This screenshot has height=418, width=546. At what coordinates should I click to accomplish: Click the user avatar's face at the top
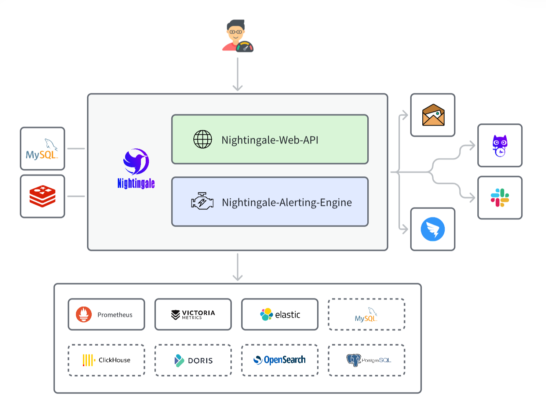click(x=235, y=32)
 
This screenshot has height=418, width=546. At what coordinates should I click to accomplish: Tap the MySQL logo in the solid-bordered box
click(x=42, y=149)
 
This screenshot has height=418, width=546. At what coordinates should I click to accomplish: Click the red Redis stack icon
click(x=43, y=196)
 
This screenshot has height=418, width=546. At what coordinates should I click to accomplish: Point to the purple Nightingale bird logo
click(x=136, y=161)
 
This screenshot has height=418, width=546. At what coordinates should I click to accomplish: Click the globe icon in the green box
click(x=203, y=140)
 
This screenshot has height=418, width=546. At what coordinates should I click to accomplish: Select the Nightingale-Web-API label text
click(x=270, y=140)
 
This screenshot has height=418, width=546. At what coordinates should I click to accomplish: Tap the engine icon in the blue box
click(x=202, y=202)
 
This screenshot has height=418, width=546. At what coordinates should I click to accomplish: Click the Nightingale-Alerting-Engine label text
click(x=287, y=202)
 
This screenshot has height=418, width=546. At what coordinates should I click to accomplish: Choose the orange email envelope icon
click(x=433, y=115)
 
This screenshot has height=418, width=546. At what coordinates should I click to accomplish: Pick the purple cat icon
click(x=500, y=146)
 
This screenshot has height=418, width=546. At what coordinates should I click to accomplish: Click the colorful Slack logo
click(x=500, y=198)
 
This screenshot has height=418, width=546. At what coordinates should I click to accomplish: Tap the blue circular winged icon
click(x=433, y=229)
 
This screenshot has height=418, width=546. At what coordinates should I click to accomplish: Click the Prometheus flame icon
click(x=84, y=314)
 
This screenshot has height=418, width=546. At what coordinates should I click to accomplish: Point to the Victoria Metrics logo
click(x=193, y=314)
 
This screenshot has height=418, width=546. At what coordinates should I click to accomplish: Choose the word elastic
click(x=288, y=315)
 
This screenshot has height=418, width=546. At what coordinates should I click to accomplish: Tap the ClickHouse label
click(x=114, y=360)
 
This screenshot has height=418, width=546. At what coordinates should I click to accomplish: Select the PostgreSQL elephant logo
click(x=354, y=360)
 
